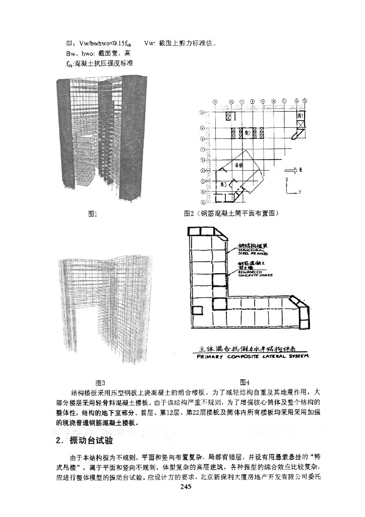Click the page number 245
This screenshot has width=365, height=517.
182,487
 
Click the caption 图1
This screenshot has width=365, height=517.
92,214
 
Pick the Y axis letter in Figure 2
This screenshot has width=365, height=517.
299,192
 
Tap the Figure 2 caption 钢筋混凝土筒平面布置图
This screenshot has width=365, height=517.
237,213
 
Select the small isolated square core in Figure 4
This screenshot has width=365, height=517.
199,309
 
